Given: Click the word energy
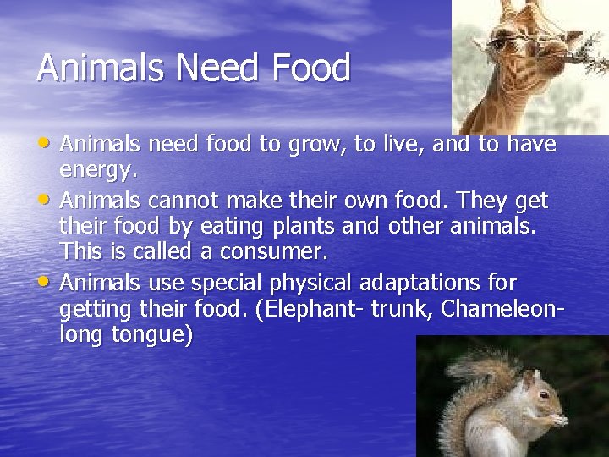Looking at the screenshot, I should pos(97,171).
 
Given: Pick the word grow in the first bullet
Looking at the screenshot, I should pos(312,146).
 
